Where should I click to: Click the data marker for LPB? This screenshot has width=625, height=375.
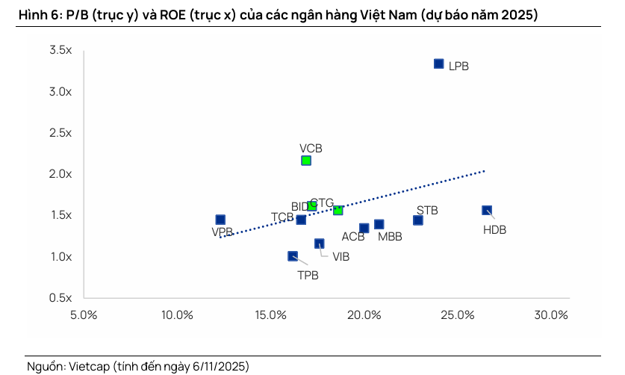point(439,64)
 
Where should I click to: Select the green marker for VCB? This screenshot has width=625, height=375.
point(306,161)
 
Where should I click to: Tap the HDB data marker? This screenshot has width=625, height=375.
point(487,211)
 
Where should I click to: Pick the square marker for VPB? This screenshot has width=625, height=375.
point(220,220)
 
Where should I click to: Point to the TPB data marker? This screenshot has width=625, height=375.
point(293,256)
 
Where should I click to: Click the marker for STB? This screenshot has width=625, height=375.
point(418,220)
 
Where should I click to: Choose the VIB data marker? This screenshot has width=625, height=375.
point(320,244)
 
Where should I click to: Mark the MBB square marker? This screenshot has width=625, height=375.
point(379,224)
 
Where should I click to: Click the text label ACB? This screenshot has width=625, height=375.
point(353,237)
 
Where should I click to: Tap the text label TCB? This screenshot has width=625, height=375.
point(282,217)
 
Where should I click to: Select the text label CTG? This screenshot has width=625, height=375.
point(322,203)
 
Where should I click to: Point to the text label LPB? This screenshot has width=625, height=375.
point(458,66)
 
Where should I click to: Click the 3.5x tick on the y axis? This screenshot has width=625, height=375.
point(60,50)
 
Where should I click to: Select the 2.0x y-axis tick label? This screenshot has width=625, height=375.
point(60,174)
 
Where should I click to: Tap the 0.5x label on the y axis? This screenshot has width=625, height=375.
point(60,298)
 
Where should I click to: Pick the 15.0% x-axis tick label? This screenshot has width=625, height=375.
point(271,314)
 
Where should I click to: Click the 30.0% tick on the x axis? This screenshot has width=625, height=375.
point(552,314)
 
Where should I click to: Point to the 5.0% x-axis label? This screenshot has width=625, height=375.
point(84,314)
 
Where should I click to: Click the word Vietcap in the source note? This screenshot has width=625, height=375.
point(89,367)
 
